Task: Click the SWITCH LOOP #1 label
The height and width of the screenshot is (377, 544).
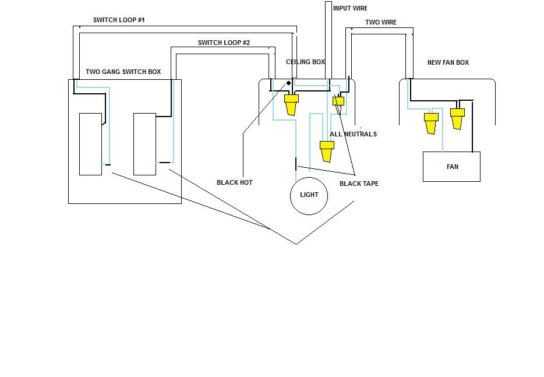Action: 119,20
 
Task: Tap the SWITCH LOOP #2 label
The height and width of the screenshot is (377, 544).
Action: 224,43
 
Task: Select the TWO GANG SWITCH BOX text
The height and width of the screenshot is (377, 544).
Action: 123,72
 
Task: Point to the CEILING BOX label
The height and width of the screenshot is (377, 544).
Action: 305,62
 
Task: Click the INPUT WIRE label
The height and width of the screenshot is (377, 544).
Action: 350,9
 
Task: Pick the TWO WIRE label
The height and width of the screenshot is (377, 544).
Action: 381,23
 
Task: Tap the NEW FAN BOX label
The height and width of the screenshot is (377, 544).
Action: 448,63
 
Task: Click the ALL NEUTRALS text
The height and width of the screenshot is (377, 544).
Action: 353,135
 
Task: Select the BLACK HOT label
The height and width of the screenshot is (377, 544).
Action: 234,183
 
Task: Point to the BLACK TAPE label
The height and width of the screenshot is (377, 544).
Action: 359,184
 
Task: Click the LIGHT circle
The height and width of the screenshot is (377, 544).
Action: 309,195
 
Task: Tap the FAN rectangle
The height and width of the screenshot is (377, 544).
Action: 451,167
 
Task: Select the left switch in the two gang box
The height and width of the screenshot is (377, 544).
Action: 90,144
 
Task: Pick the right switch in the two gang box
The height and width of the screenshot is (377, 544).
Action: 144,144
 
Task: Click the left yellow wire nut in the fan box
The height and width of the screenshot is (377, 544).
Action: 431,123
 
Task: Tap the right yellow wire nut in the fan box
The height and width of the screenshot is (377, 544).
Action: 457,118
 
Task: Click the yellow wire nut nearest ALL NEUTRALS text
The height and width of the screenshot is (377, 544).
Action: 327,150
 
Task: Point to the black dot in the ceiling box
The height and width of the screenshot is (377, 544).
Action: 288,84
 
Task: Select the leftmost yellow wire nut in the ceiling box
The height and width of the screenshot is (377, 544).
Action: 291,105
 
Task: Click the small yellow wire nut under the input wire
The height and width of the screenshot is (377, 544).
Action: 338,101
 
